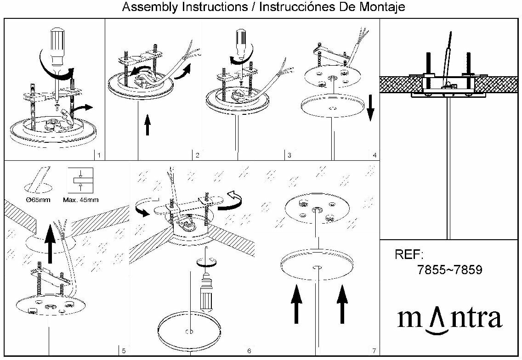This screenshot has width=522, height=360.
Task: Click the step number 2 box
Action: (197, 155)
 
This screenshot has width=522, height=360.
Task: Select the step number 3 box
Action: (289, 155)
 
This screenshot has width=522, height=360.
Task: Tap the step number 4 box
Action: (375, 155)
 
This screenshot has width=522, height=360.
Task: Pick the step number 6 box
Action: (249, 351)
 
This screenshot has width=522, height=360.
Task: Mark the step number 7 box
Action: (374, 351)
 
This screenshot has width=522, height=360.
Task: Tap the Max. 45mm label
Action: (80, 200)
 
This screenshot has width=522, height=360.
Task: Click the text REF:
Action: (409, 255)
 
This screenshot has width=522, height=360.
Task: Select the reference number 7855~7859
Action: (450, 270)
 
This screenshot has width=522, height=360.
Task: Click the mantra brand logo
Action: (449, 320)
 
